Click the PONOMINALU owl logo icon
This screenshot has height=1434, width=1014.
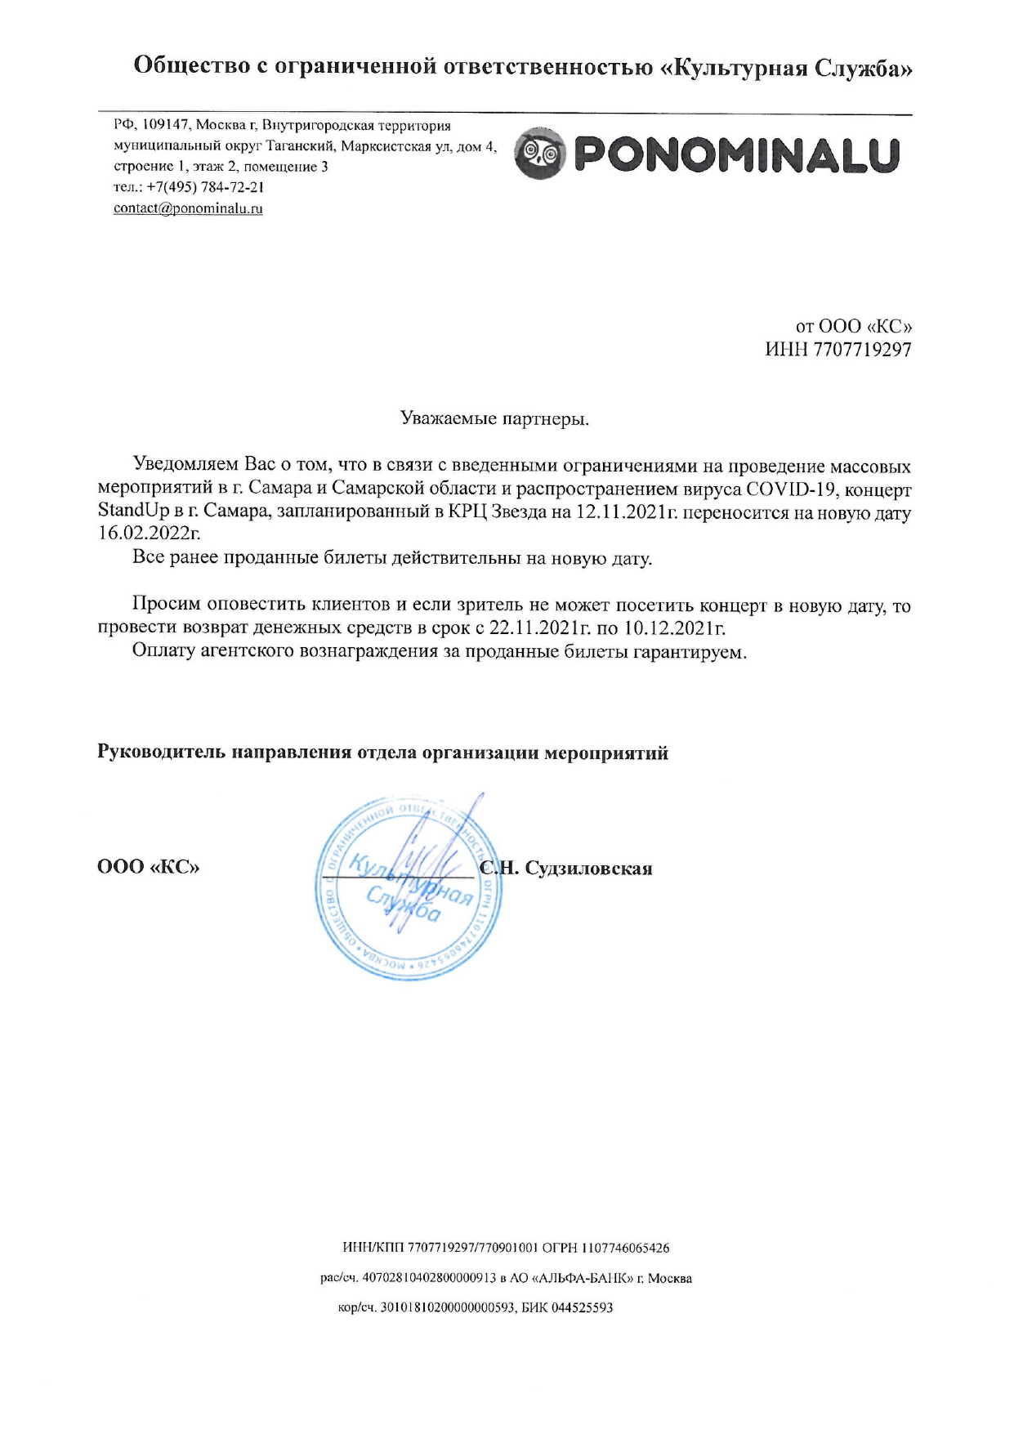[x=540, y=154]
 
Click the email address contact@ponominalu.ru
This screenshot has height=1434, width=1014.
[x=188, y=208]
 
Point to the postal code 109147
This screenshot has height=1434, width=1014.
[x=166, y=125]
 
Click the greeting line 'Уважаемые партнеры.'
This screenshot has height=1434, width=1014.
[x=494, y=419]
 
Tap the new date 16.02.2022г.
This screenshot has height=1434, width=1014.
[x=149, y=534]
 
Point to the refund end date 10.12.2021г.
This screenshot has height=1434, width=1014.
[x=675, y=629]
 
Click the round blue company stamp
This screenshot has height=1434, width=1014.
[x=409, y=888]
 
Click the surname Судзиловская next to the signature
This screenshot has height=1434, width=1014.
[x=588, y=868]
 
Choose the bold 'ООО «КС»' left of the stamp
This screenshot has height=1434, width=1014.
[x=148, y=866]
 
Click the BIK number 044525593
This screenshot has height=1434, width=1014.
[x=582, y=1308]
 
